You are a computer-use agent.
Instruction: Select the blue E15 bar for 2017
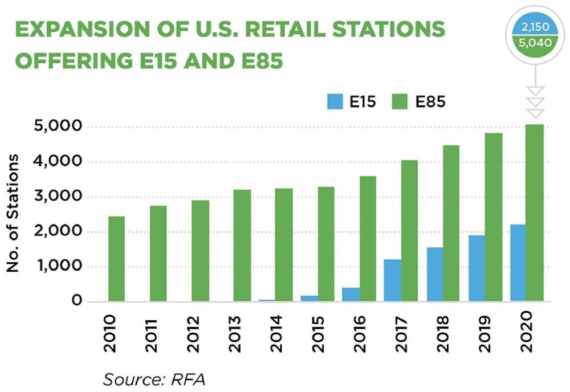click(392, 280)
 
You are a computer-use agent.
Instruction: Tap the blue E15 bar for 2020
click(518, 263)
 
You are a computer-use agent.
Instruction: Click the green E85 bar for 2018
click(451, 223)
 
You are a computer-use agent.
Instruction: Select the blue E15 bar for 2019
click(477, 268)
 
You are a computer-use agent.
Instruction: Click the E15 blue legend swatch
click(335, 102)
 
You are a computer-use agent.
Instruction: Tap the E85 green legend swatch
click(401, 102)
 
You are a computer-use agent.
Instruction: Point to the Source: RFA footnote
click(153, 378)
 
